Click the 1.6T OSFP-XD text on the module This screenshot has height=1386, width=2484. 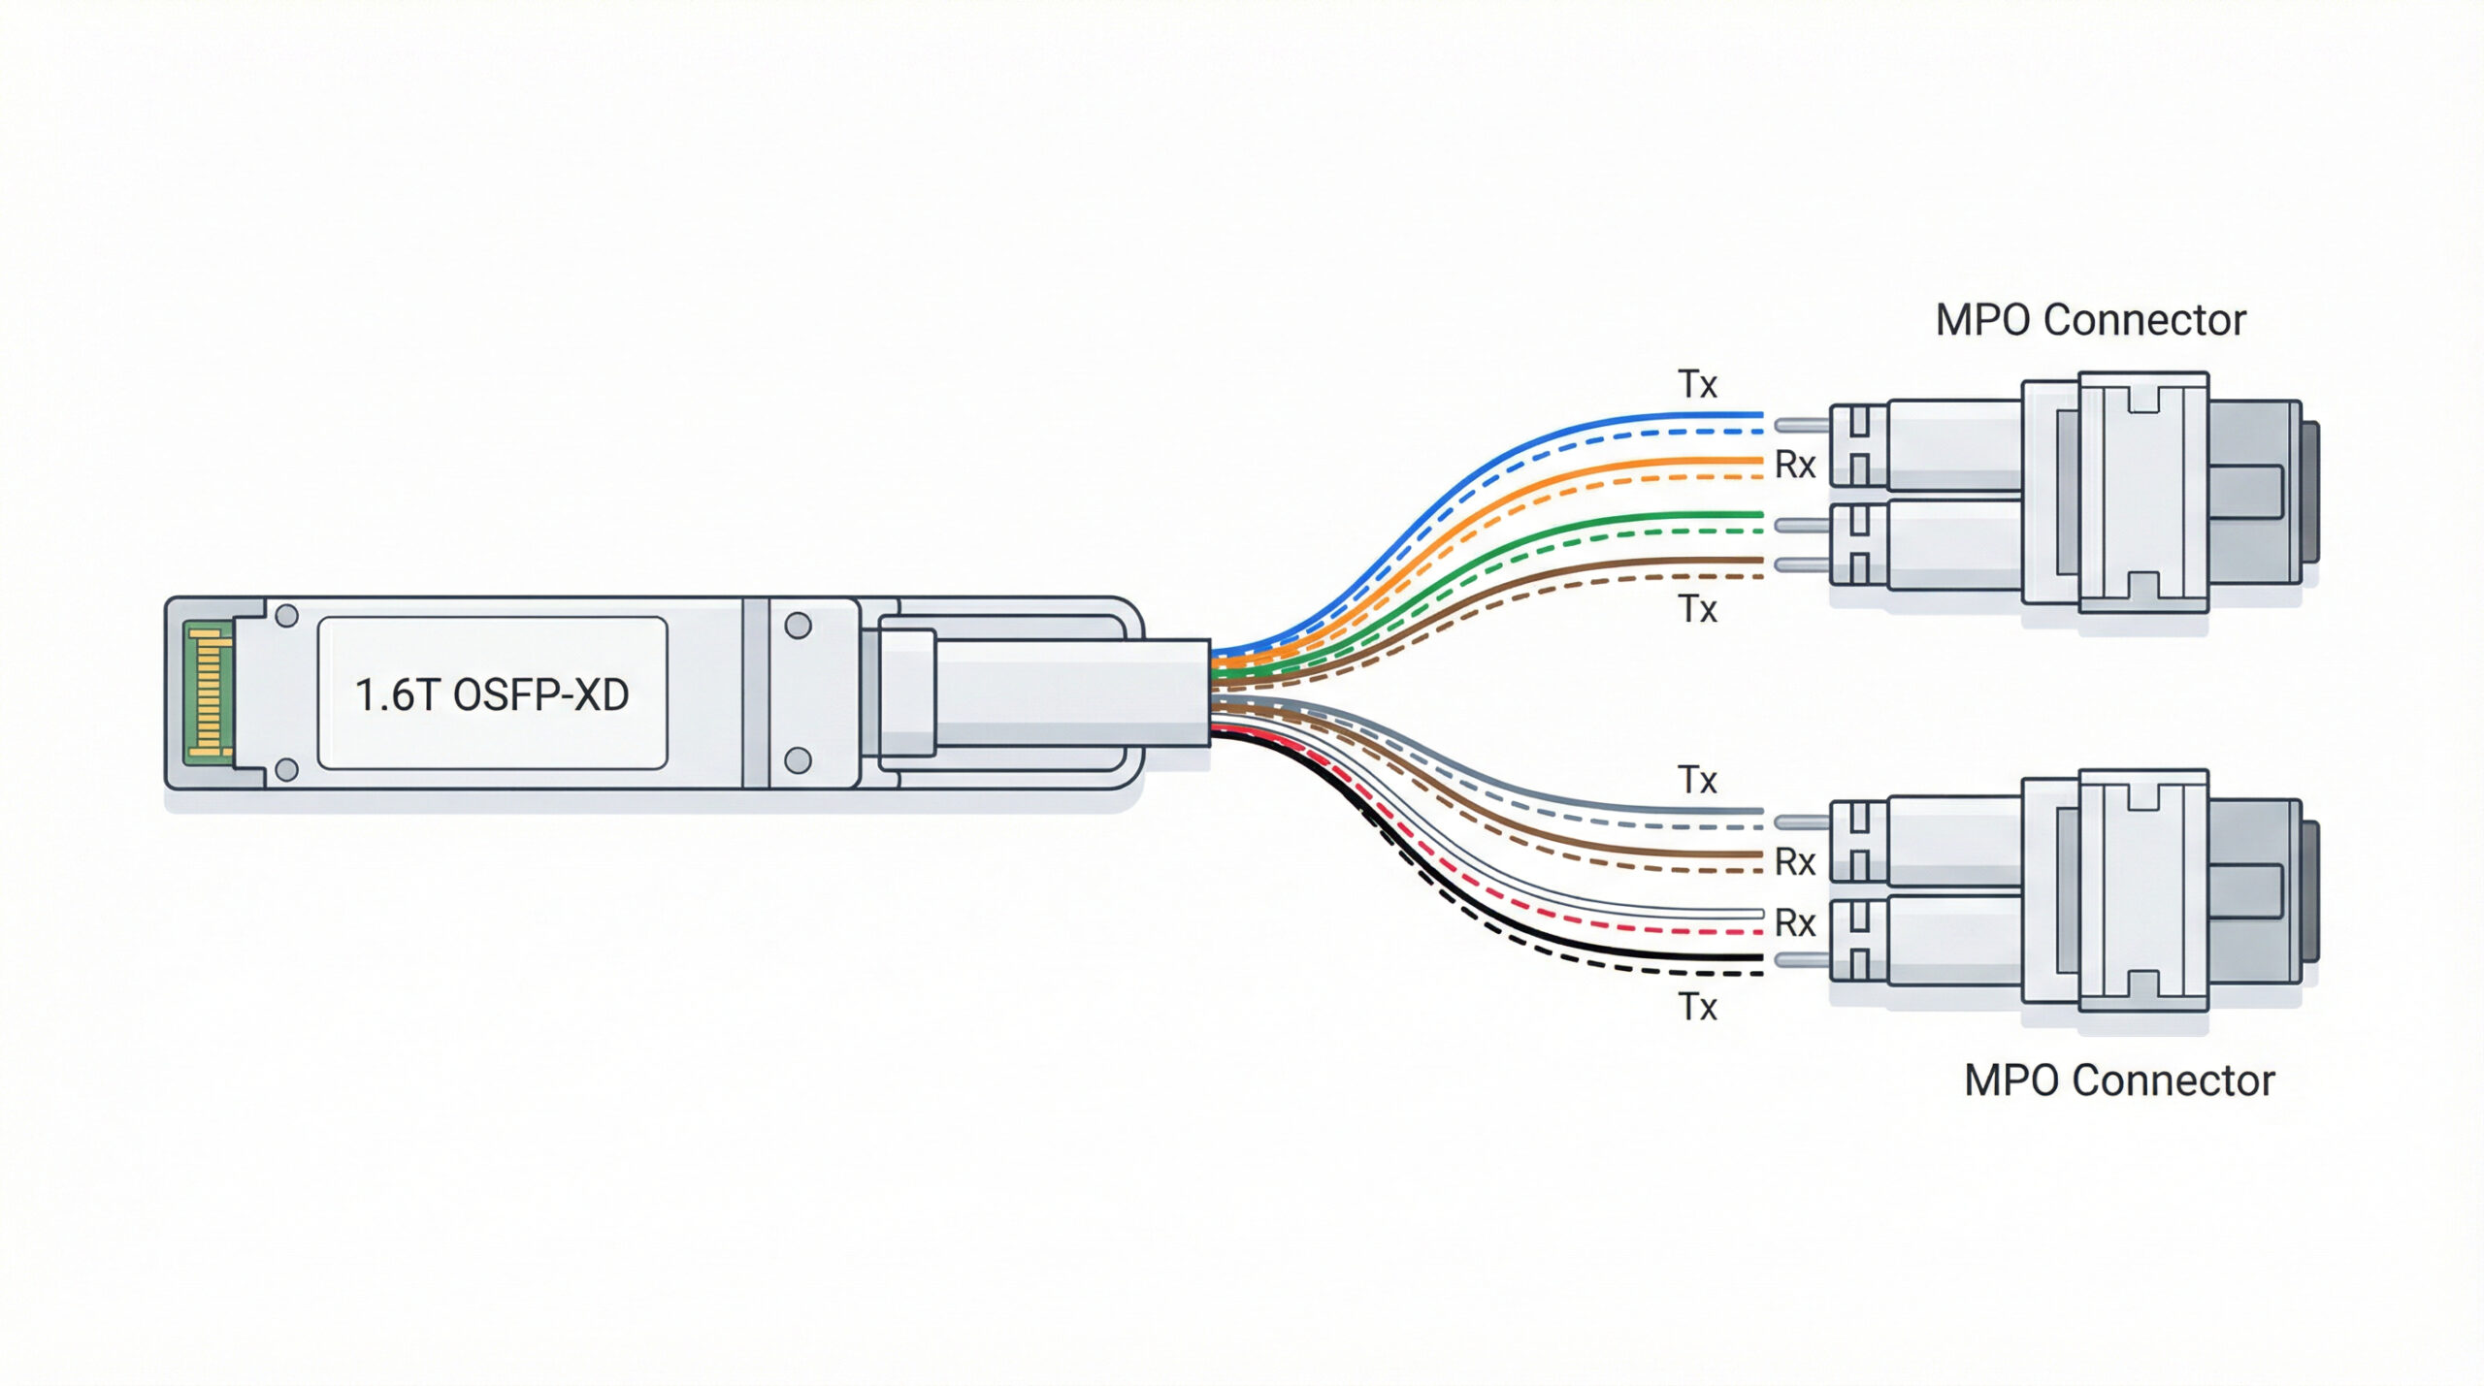click(x=492, y=695)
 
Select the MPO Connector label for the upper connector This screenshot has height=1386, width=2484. click(x=2090, y=321)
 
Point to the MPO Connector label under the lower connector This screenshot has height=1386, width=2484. click(x=2119, y=1081)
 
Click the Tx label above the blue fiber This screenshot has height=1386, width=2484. click(x=1697, y=385)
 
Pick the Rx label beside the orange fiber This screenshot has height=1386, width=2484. click(x=1794, y=466)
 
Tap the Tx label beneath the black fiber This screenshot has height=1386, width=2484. click(x=1697, y=1008)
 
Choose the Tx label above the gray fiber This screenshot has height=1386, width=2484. click(x=1697, y=781)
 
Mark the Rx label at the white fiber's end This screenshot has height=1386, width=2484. click(x=1794, y=923)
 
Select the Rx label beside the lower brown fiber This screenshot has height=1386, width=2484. click(x=1794, y=861)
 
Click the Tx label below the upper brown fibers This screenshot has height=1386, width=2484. click(x=1697, y=610)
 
